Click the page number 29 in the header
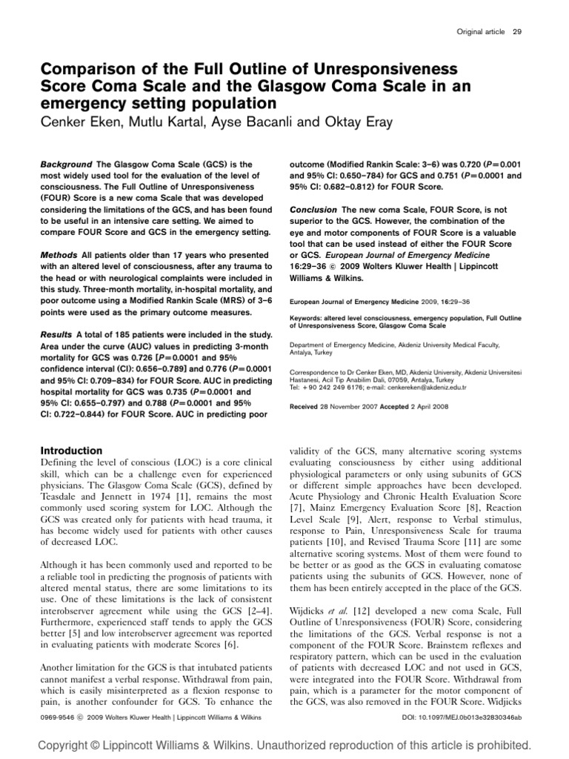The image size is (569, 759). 516,32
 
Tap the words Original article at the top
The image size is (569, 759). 480,32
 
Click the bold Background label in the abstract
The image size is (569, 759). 66,164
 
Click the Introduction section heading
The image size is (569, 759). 71,451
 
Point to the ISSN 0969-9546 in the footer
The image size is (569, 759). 59,717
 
